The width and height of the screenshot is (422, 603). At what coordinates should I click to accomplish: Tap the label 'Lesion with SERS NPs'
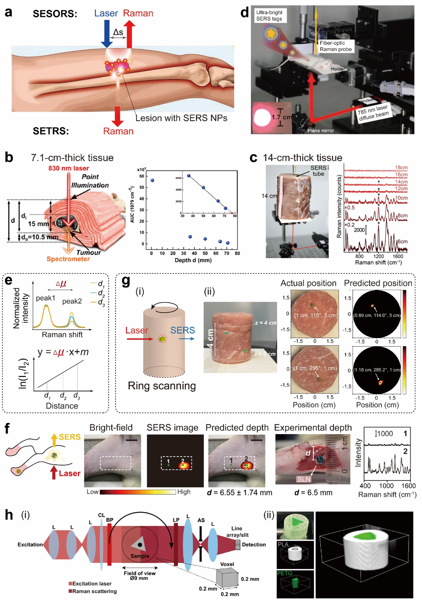[181, 118]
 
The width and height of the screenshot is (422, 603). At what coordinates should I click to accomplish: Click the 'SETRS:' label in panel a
[51, 131]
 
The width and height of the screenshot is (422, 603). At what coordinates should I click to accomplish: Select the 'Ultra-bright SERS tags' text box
[269, 16]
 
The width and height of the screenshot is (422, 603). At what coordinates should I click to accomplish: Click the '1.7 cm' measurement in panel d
[281, 117]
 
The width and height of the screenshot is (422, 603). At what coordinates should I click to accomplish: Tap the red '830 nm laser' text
[69, 168]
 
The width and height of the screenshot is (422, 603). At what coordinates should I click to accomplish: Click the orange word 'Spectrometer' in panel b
[68, 259]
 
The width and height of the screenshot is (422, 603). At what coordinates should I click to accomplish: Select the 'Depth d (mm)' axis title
[193, 260]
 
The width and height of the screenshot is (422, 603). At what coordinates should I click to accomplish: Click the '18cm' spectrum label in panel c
[401, 168]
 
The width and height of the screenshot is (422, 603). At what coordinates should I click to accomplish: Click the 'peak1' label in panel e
[45, 298]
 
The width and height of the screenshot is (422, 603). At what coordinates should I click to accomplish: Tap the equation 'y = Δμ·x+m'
[63, 352]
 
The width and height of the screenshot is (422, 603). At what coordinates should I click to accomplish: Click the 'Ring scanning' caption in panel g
[162, 386]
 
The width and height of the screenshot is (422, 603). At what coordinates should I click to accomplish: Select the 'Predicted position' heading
[378, 283]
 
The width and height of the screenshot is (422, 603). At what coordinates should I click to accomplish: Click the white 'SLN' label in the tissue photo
[303, 479]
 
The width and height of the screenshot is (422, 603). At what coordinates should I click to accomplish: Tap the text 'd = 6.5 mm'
[313, 492]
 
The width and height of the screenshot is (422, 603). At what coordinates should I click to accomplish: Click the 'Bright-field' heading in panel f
[111, 428]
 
